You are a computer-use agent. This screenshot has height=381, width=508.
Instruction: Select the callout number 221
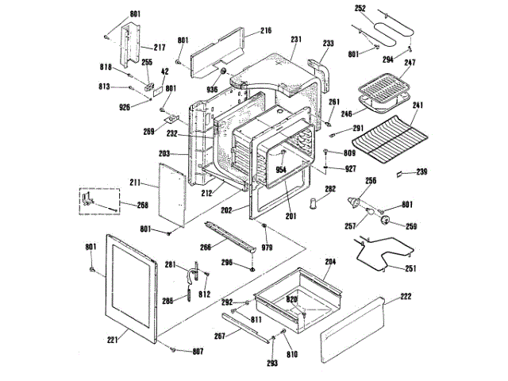click(x=112, y=341)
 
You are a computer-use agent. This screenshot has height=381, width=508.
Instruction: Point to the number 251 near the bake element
click(x=410, y=269)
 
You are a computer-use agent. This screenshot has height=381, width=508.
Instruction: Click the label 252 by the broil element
click(x=360, y=9)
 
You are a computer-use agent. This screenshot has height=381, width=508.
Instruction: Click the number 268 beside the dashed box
click(x=142, y=205)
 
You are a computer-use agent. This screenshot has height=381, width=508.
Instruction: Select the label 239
click(x=422, y=172)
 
